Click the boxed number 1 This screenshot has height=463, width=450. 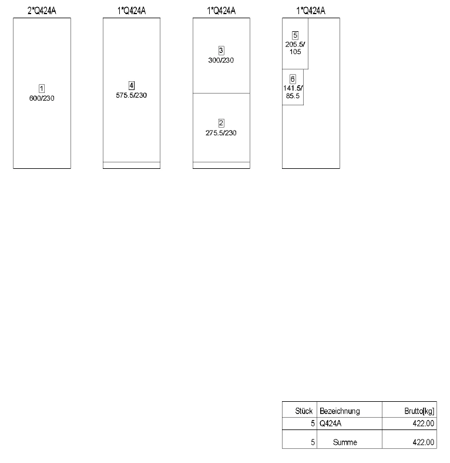pyautogui.click(x=42, y=89)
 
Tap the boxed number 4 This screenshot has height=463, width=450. pyautogui.click(x=132, y=86)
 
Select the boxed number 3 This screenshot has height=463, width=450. pyautogui.click(x=221, y=51)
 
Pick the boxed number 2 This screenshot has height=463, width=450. pyautogui.click(x=221, y=123)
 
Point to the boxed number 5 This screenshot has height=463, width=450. pyautogui.click(x=295, y=35)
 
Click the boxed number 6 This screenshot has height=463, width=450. pyautogui.click(x=293, y=79)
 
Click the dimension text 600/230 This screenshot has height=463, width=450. pyautogui.click(x=42, y=98)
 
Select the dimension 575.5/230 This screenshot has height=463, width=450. pyautogui.click(x=131, y=95)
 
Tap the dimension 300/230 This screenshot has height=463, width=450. pyautogui.click(x=221, y=60)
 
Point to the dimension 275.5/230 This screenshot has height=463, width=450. pyautogui.click(x=221, y=133)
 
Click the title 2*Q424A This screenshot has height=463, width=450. pyautogui.click(x=42, y=11)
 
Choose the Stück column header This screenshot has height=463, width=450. pyautogui.click(x=304, y=411)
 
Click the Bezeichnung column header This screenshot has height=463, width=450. pyautogui.click(x=340, y=411)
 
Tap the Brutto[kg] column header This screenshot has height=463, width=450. pyautogui.click(x=419, y=411)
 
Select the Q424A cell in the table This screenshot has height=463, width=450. pyautogui.click(x=330, y=424)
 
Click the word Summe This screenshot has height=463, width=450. pyautogui.click(x=345, y=442)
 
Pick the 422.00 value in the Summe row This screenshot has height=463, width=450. pyautogui.click(x=423, y=442)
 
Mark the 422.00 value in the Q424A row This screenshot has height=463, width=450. pyautogui.click(x=423, y=424)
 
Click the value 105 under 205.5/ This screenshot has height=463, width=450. pyautogui.click(x=295, y=52)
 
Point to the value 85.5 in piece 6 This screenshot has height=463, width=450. pyautogui.click(x=293, y=96)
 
